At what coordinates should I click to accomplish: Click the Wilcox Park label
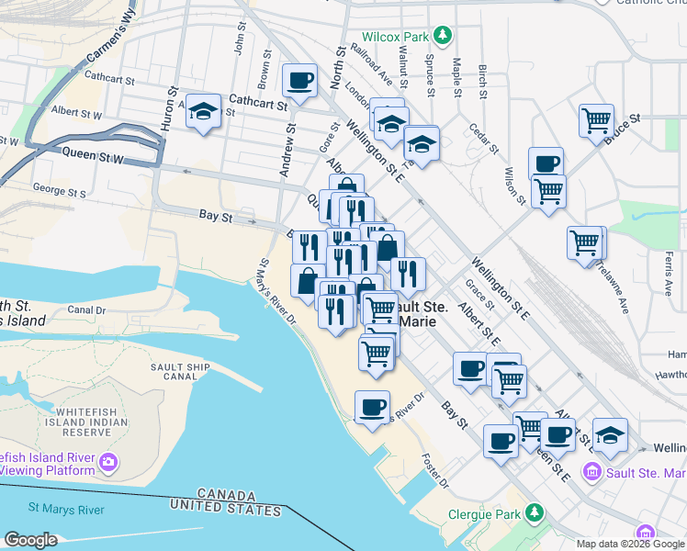point(395,36)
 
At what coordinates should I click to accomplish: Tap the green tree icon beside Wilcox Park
point(444,36)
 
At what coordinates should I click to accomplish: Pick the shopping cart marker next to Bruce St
point(596,120)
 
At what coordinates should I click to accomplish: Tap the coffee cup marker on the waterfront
point(372,408)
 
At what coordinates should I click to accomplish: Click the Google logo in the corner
point(30,539)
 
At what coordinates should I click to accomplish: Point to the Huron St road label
point(170,108)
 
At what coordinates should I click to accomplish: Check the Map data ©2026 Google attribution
point(630,544)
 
